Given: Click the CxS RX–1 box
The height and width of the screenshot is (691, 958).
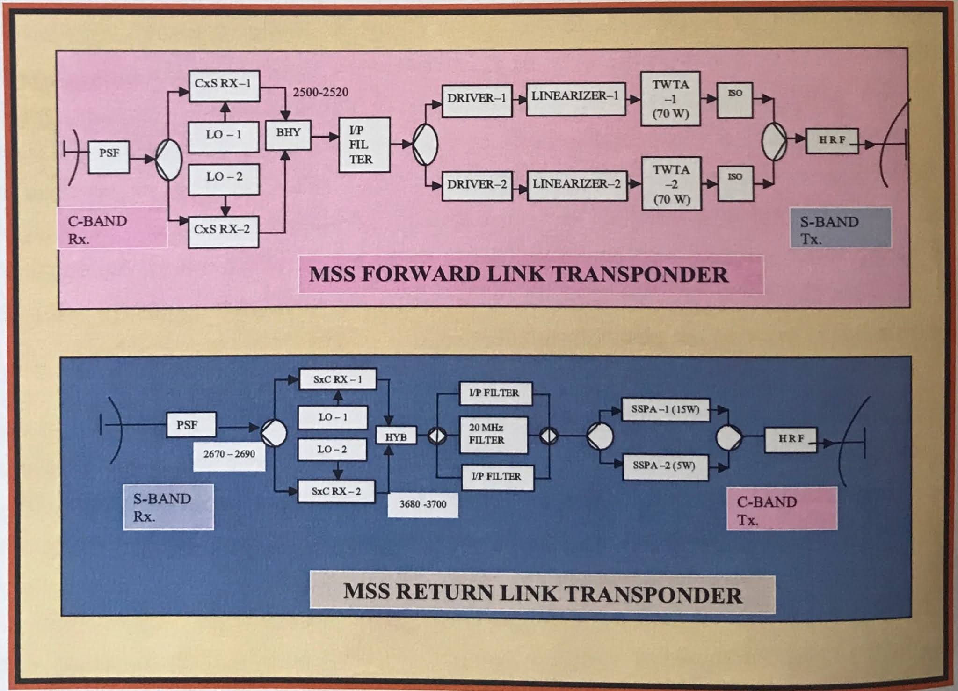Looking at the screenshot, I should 224,85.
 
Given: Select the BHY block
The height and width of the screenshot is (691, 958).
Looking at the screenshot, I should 288,134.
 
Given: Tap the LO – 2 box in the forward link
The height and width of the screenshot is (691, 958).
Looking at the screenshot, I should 224,178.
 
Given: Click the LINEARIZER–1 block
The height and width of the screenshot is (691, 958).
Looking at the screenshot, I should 575,98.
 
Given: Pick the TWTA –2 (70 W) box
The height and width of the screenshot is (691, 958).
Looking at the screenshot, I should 671,184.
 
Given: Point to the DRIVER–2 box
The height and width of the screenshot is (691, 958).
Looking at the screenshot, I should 477,185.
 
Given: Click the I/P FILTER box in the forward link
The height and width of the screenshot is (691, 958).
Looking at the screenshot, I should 364,145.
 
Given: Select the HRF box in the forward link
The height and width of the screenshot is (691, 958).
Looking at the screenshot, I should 832,140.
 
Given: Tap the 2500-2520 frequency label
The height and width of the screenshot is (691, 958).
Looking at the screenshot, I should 320,92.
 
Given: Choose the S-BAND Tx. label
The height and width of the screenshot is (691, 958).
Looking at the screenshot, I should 840,229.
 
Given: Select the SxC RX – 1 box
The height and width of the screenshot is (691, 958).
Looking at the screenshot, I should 337,379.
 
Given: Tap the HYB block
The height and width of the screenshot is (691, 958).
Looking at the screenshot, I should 396,436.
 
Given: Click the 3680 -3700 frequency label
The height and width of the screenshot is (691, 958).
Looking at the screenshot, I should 422,504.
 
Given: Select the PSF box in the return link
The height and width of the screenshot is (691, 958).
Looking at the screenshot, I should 191,425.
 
